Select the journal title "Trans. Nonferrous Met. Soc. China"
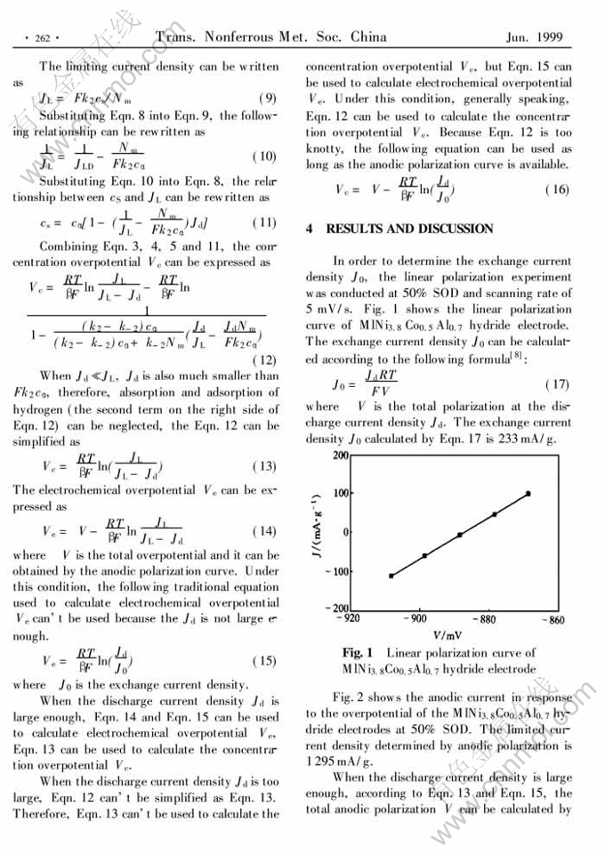tap(271, 36)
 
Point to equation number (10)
tap(264, 157)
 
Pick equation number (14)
tap(264, 531)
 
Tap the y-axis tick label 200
tap(340, 456)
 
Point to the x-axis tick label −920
tap(350, 617)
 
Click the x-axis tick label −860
tap(552, 617)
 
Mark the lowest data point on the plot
tap(391, 576)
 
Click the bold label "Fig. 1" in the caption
tap(358, 654)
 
